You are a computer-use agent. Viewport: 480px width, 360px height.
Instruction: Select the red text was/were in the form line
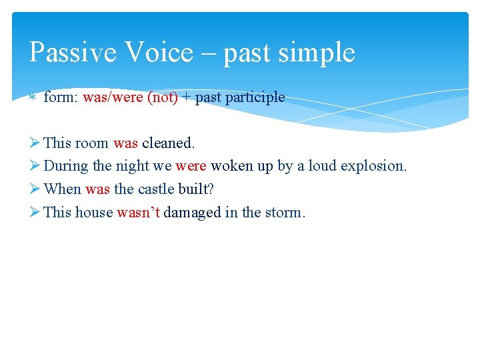[113, 97]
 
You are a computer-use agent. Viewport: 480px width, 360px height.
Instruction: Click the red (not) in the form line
[162, 97]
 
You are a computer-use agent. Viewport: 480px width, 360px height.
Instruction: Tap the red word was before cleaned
[125, 143]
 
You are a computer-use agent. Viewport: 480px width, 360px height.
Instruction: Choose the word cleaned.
[168, 143]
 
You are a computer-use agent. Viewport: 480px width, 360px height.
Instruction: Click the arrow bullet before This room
[35, 143]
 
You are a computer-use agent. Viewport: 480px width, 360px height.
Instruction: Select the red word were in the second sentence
[191, 166]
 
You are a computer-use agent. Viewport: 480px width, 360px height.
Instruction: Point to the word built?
[197, 189]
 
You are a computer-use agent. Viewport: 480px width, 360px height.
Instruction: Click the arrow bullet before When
[35, 189]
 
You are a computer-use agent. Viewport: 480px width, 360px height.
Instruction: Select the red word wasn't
[138, 213]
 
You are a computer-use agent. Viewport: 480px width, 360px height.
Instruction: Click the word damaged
[191, 213]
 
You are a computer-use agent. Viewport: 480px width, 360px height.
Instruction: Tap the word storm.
[285, 213]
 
